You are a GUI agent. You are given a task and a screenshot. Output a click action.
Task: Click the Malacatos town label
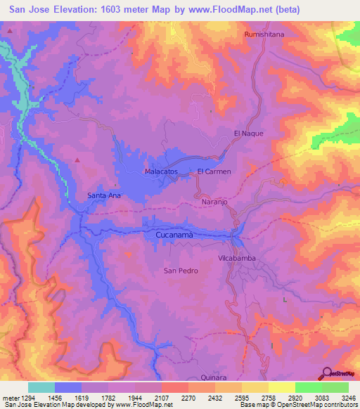tap(160, 171)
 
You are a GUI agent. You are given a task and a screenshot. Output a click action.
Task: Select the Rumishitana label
tap(263, 34)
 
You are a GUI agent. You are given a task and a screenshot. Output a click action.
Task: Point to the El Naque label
tap(247, 133)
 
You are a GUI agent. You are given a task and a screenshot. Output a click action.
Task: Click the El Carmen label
tap(214, 171)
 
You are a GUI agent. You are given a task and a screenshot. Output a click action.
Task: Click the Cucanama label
tap(174, 235)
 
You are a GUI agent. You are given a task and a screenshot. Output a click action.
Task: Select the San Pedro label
tap(180, 271)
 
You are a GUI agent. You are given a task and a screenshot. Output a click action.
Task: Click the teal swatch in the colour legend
tap(41, 387)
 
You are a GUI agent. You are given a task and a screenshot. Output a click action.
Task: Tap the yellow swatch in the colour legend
tap(281, 387)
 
